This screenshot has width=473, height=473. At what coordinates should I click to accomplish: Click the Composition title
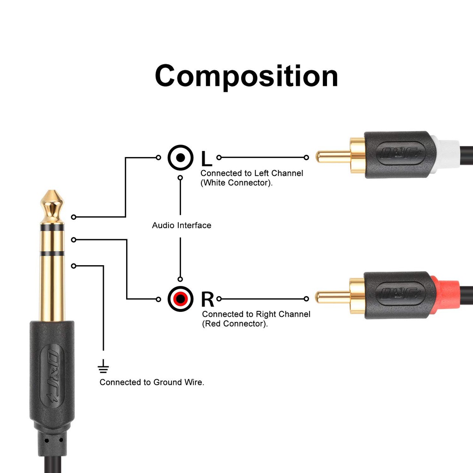click(246, 76)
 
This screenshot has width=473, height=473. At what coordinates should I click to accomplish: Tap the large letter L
click(206, 158)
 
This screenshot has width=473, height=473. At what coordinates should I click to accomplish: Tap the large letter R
click(207, 299)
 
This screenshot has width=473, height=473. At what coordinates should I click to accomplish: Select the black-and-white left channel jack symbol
click(180, 158)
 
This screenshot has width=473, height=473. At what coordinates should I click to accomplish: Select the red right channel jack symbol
click(180, 299)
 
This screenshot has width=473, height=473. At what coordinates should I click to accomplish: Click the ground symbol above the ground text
click(103, 368)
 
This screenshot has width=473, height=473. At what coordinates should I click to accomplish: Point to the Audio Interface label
click(182, 225)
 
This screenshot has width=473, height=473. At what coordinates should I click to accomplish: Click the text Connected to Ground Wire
click(152, 382)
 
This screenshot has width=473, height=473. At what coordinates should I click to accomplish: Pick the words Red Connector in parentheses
click(235, 324)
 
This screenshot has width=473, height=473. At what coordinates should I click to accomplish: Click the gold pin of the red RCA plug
click(333, 296)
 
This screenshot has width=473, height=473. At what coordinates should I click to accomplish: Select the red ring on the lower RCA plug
click(446, 296)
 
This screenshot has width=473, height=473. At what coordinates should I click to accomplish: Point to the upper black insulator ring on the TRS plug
click(52, 227)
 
